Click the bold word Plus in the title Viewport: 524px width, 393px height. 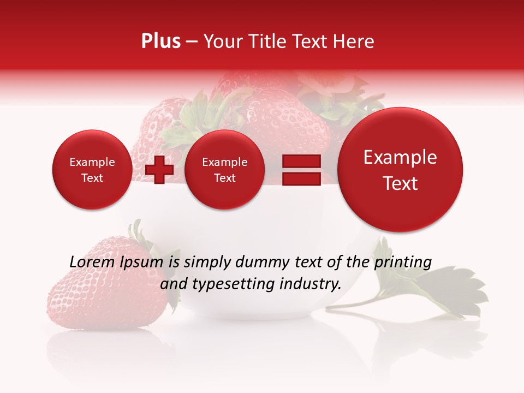click(160, 41)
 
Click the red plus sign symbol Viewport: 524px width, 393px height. click(159, 170)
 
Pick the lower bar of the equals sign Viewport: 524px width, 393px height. click(301, 179)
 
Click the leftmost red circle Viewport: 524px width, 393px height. click(92, 170)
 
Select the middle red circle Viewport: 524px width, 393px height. click(224, 170)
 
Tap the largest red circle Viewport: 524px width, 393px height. click(400, 170)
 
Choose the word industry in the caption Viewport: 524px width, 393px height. click(312, 284)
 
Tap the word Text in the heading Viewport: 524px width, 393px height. click(312, 41)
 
